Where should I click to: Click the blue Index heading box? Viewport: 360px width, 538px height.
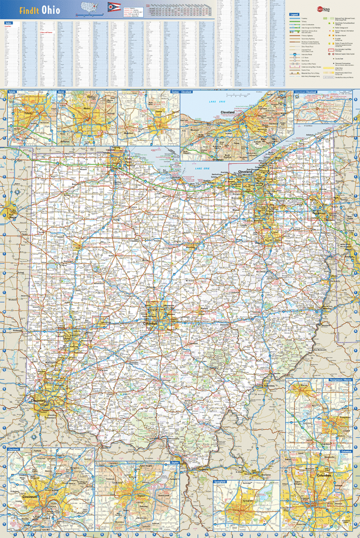click(8, 23)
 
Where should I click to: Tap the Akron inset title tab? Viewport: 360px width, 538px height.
click(61, 91)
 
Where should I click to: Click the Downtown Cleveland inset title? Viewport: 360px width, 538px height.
click(307, 91)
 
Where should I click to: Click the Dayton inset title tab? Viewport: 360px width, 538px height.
click(174, 462)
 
